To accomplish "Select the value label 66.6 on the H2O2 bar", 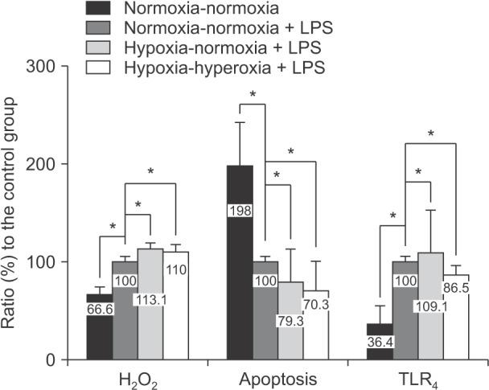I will click(100, 310).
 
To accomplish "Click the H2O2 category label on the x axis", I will click(138, 378).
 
